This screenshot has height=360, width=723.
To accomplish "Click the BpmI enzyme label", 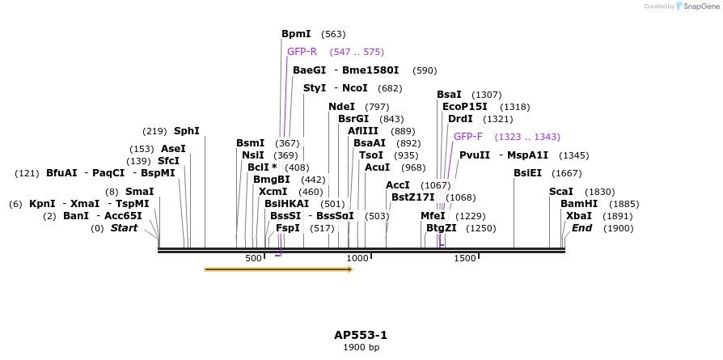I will point(296,34).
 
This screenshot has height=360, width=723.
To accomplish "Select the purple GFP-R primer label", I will point(302,52).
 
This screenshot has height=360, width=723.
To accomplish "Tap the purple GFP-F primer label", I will point(468,137).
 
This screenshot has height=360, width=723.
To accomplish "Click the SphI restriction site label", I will point(186,131).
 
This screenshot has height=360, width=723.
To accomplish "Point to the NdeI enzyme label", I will point(341,107).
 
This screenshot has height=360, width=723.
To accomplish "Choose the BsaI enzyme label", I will point(449,95).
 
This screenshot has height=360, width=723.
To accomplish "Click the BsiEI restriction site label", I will point(527,173).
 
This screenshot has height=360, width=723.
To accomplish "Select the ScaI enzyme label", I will point(561,192).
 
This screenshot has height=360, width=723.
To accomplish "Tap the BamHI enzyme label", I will point(579,204).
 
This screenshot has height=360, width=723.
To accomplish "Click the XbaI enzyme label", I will point(578,216).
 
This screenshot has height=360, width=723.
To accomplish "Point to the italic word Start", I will point(124,228).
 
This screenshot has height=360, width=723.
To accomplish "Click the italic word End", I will point(582,228).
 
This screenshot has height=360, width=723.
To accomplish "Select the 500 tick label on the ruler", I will point(253,258).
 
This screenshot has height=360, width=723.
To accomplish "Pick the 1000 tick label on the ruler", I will point(357,258).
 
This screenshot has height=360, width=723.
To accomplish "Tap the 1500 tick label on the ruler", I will point(465,258).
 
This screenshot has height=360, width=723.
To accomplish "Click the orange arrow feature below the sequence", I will point(278,269).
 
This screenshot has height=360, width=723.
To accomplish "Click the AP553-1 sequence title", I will point(361,335).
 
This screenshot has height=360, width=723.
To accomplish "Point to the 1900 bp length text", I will point(361,348).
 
